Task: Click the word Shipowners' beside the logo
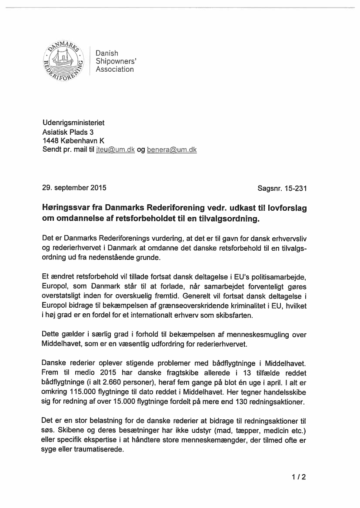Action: point(113,61)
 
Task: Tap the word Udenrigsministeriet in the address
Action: point(73,123)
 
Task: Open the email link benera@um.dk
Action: point(172,149)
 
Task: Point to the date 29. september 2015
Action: point(74,188)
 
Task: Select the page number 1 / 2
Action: point(299,477)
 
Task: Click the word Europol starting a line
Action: point(55,287)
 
